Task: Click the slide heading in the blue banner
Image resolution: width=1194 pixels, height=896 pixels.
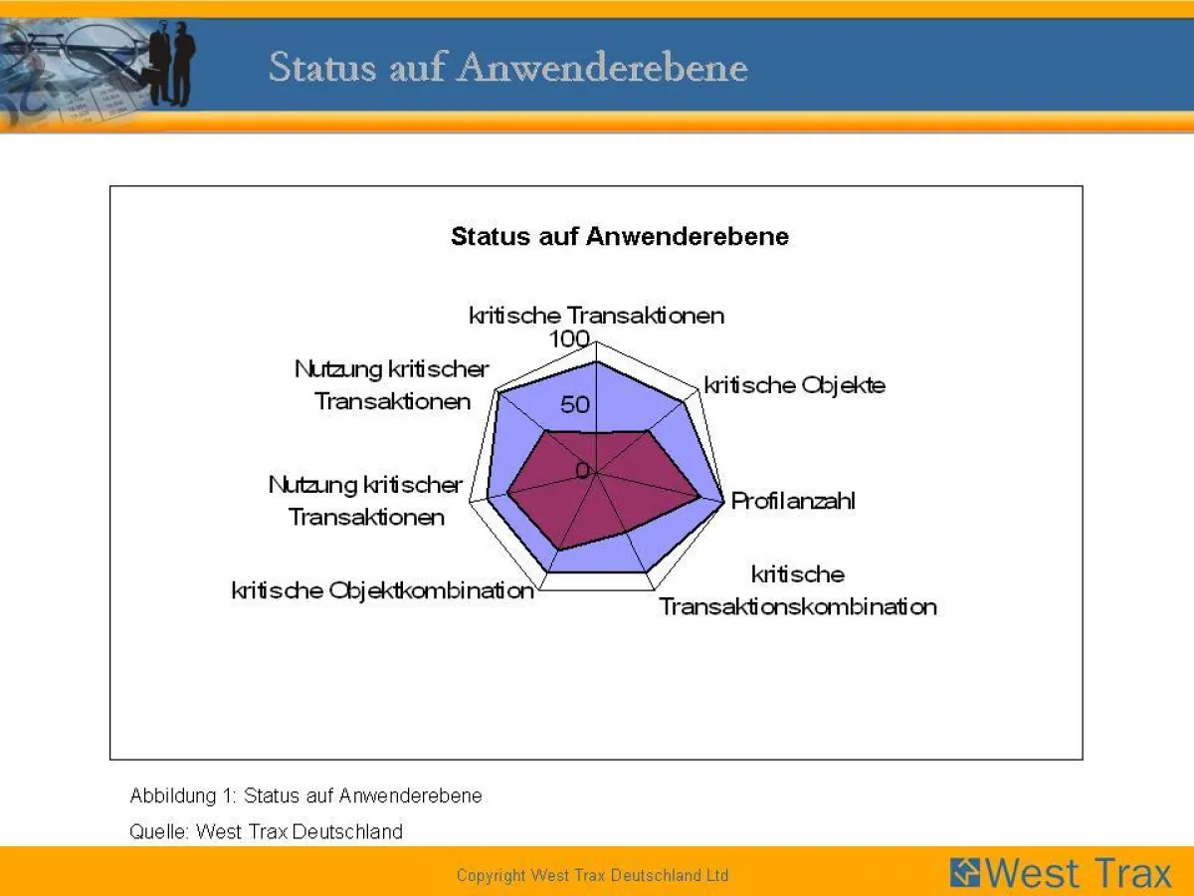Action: coord(507,68)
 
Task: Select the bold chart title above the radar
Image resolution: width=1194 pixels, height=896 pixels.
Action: coord(619,236)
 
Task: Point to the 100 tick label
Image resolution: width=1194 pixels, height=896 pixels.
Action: coord(569,339)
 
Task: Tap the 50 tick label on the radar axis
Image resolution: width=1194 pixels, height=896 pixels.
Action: coord(575,405)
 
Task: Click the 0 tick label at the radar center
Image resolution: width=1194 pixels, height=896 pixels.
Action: coord(582,470)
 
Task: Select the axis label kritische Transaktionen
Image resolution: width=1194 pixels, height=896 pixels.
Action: coord(596,316)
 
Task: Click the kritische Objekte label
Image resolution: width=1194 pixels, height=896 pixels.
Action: coord(794,385)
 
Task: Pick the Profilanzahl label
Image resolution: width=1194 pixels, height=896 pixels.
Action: coord(793,501)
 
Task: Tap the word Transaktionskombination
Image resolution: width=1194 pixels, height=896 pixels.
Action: coord(797,606)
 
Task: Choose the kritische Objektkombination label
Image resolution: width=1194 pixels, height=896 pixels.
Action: coord(382,590)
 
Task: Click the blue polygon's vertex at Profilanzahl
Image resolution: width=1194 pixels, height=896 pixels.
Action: coord(721,500)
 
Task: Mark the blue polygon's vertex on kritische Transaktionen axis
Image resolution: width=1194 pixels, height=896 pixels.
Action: coord(596,363)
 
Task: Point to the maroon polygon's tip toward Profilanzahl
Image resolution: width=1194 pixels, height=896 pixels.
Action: coord(697,495)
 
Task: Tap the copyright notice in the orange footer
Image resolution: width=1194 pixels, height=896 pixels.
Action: coord(592,876)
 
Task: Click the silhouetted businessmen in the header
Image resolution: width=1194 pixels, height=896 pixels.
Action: coord(173,65)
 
